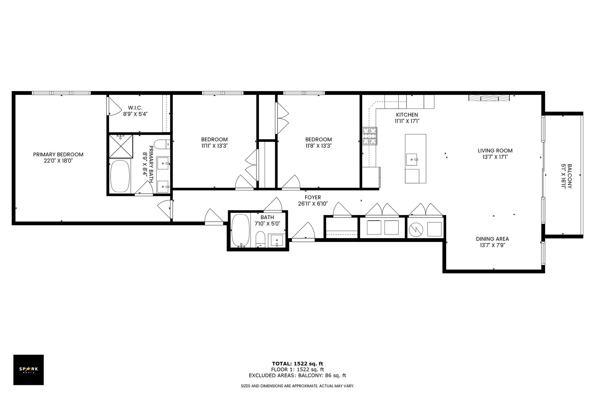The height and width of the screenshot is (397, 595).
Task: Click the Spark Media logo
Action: (28, 369)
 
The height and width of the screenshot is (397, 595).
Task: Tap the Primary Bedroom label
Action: (58, 154)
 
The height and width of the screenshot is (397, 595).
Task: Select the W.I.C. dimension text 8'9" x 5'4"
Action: (135, 114)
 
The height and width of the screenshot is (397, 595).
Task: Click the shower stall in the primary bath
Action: (121, 146)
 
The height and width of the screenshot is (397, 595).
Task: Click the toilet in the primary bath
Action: (162, 144)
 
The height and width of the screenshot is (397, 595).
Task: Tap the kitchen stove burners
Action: (369, 136)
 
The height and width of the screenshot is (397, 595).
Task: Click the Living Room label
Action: (495, 150)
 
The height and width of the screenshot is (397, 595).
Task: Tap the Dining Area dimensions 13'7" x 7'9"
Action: (492, 245)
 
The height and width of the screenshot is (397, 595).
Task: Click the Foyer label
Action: (313, 197)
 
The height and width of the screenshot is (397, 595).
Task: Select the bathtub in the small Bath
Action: (241, 230)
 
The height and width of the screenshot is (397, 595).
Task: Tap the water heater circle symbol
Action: (416, 229)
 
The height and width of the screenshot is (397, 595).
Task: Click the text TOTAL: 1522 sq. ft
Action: (297, 364)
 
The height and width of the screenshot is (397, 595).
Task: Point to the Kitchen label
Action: (407, 115)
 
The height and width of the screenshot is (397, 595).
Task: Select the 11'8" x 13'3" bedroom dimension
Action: (318, 146)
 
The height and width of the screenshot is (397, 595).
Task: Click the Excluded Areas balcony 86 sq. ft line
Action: (297, 375)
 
